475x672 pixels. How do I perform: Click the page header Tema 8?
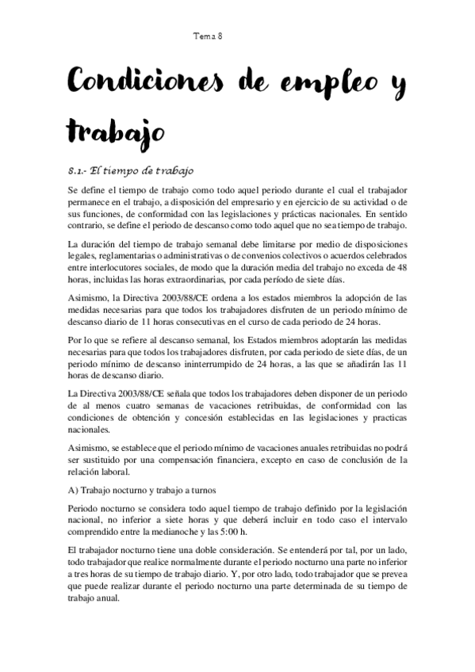[x=208, y=36]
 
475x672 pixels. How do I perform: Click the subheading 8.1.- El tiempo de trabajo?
[x=130, y=170]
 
